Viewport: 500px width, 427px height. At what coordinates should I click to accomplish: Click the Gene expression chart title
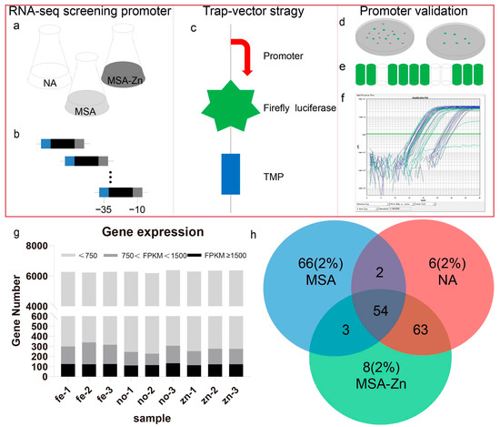point(146,232)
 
